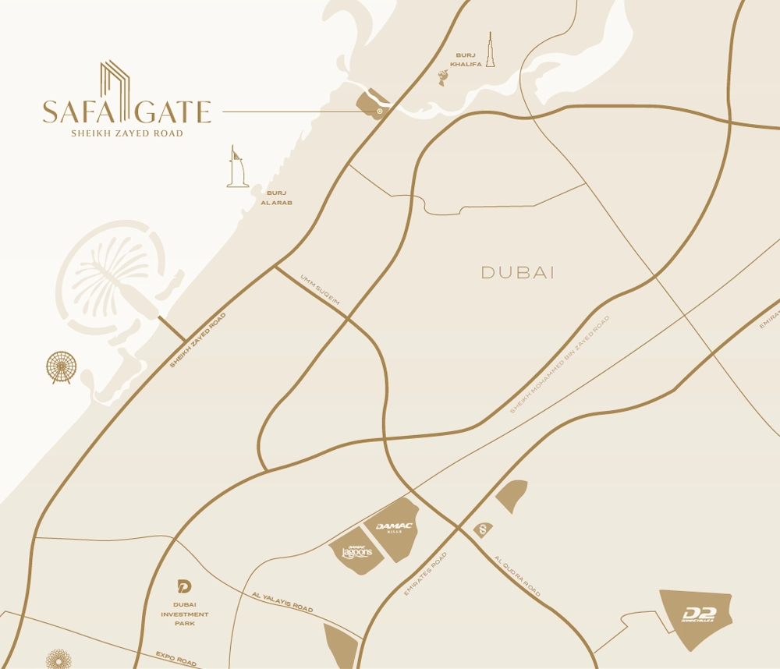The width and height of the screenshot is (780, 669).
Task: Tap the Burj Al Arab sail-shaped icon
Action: [x=237, y=167]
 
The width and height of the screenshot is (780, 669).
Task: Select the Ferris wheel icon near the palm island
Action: [x=62, y=367]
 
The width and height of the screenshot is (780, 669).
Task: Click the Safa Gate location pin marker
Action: [x=380, y=111]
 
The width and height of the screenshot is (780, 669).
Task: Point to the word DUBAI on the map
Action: [x=517, y=273]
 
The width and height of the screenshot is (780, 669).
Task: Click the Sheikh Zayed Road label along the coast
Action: [x=197, y=341]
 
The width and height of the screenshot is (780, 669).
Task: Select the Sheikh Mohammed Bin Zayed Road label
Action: [x=560, y=364]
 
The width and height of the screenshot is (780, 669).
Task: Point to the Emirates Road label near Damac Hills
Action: [x=426, y=575]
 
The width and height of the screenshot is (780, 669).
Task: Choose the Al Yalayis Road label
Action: [x=282, y=602]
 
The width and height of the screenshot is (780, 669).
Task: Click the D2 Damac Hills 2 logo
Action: [x=698, y=616]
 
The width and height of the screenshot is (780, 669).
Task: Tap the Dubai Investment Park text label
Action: [x=185, y=614]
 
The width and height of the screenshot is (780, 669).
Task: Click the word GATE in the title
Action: [x=177, y=111]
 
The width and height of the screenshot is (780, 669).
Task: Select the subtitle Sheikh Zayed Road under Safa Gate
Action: [x=127, y=133]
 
